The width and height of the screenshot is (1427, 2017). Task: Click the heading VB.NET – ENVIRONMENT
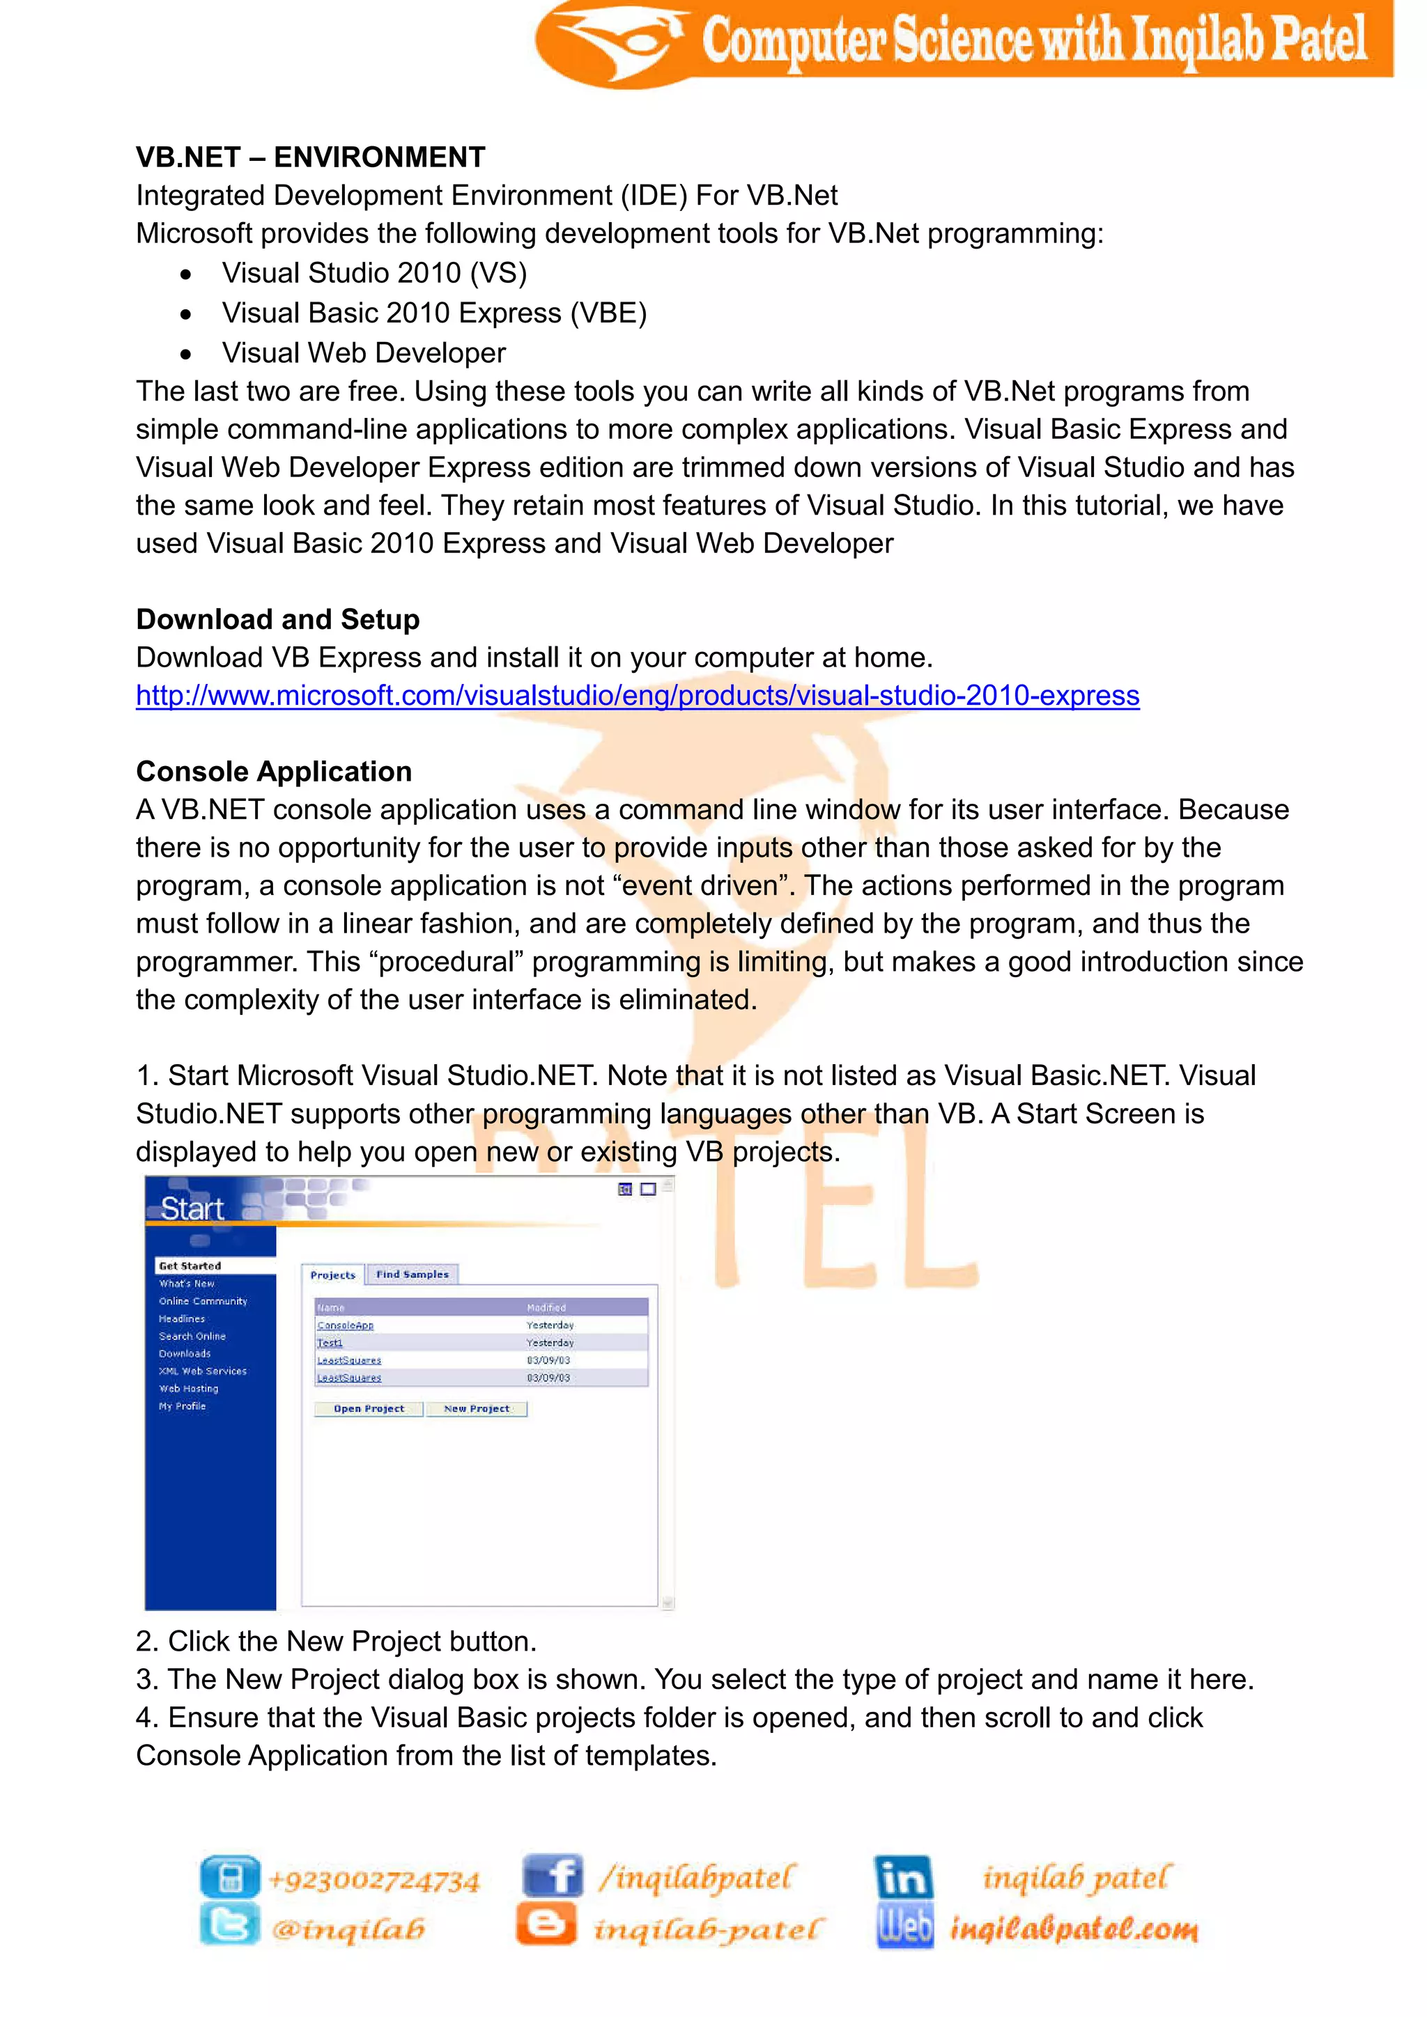[310, 157]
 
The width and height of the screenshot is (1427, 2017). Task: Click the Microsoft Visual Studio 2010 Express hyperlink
[637, 696]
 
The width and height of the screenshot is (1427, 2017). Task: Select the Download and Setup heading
[278, 619]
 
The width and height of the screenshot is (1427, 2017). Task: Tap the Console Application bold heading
[273, 771]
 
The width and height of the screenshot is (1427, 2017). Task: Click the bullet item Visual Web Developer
[363, 353]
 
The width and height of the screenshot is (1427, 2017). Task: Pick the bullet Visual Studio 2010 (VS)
[374, 273]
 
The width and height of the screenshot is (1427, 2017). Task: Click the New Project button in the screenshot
[477, 1408]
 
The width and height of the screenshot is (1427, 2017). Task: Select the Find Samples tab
[412, 1274]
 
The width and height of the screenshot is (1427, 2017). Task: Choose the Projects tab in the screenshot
[333, 1275]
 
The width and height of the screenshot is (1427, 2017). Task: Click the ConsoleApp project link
[346, 1325]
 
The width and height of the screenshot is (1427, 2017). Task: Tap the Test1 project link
[330, 1342]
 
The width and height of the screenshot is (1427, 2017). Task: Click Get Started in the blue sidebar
[190, 1266]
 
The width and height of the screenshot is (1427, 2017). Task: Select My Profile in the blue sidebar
[182, 1405]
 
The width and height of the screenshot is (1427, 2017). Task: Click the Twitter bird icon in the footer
[230, 1925]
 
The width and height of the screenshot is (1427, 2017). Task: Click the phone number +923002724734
[374, 1880]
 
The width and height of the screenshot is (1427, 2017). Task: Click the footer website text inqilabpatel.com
[1074, 1929]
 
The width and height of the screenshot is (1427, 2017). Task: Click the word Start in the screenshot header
[192, 1209]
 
